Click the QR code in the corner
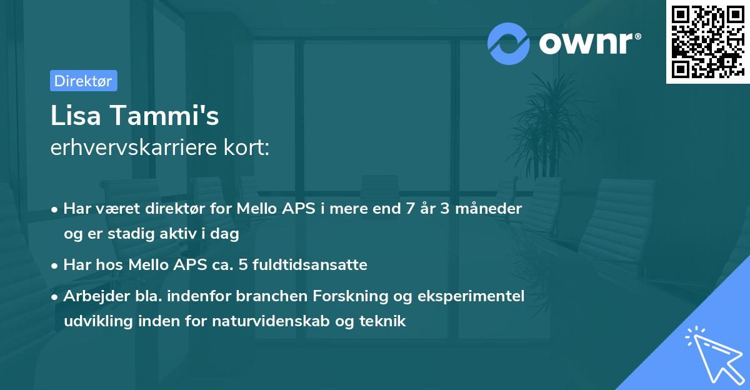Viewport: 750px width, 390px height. click(x=707, y=42)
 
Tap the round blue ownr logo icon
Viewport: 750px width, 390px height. click(x=509, y=43)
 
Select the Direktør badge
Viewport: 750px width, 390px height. click(x=83, y=81)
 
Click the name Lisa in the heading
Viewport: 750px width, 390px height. click(x=77, y=116)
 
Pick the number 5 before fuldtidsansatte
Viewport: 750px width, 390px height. click(x=279, y=265)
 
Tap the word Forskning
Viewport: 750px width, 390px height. click(x=372, y=296)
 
